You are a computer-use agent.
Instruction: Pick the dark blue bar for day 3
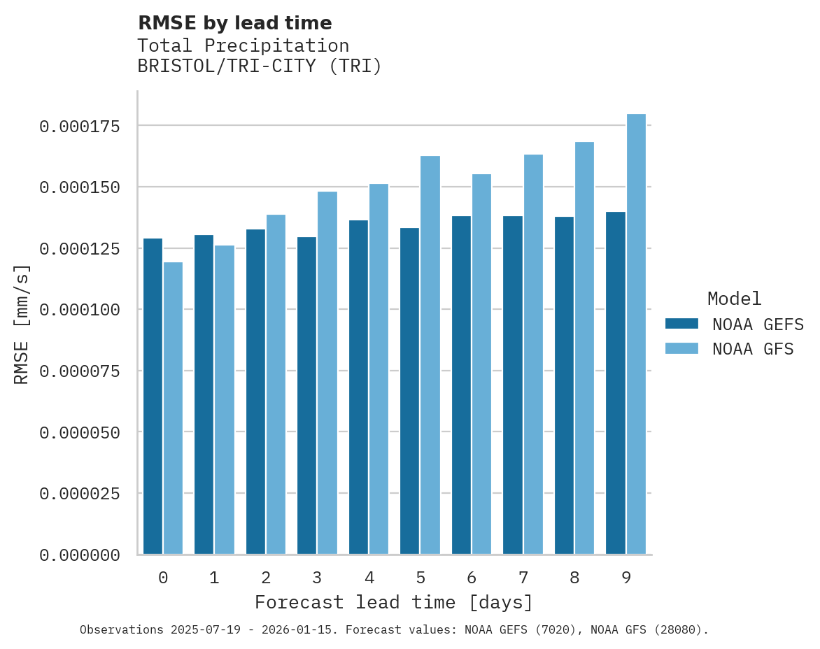coord(306,396)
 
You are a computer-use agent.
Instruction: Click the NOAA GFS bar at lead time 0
coord(173,408)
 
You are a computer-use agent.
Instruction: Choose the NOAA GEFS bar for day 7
coord(512,385)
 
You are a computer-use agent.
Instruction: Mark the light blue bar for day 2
coord(276,385)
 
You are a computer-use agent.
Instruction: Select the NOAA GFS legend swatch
coord(681,348)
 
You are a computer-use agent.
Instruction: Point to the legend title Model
coord(734,299)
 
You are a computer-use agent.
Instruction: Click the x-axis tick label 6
coord(472,578)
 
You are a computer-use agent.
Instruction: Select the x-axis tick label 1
coord(214,578)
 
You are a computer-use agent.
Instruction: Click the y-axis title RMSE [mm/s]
coord(22,324)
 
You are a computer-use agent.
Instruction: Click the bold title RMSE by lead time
coord(234,23)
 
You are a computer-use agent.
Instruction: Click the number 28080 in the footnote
coord(677,630)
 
